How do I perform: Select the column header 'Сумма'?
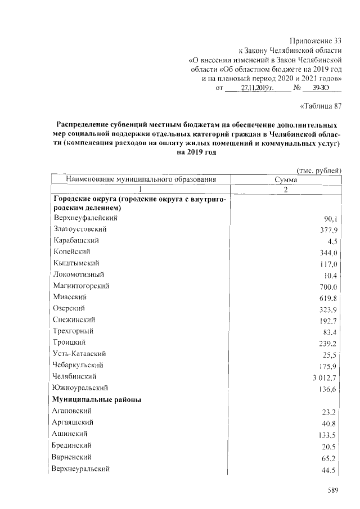[x=286, y=179]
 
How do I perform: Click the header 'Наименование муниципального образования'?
[x=141, y=179]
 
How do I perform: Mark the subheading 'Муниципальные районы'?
[x=96, y=399]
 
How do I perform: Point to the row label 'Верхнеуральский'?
[x=80, y=469]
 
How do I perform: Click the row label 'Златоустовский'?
[x=80, y=229]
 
